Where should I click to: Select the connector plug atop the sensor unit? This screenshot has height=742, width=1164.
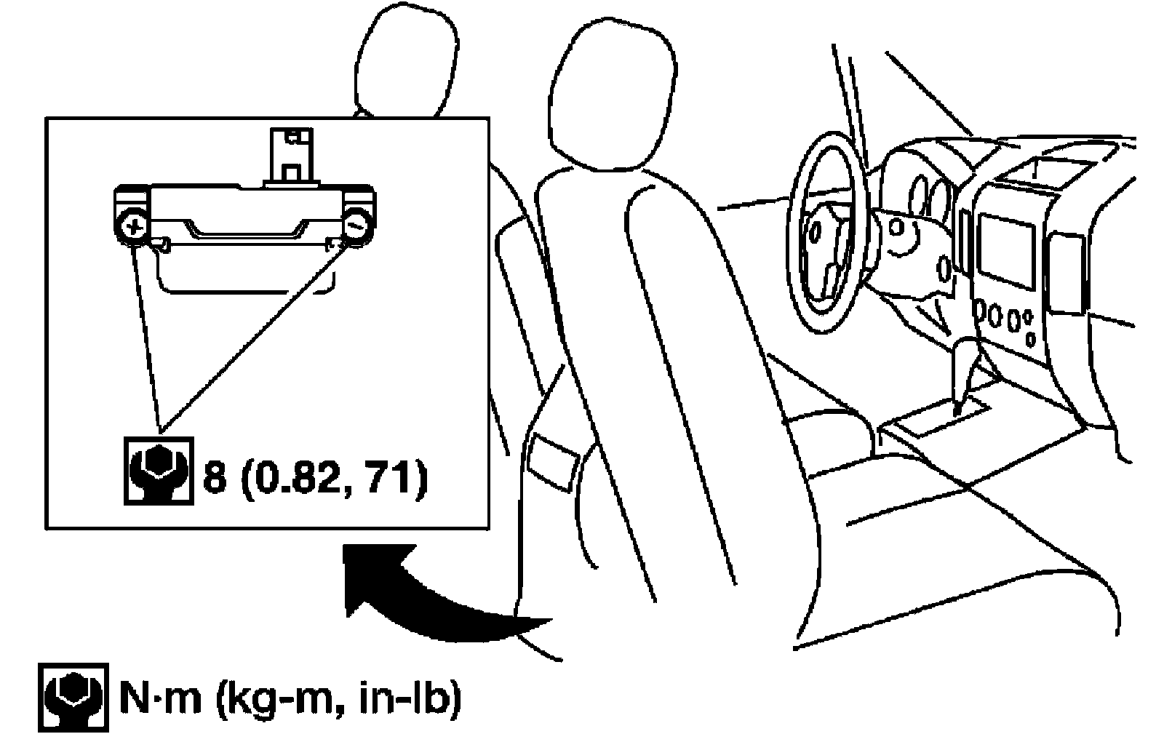click(289, 156)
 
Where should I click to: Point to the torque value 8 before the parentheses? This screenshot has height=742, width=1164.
click(214, 479)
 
